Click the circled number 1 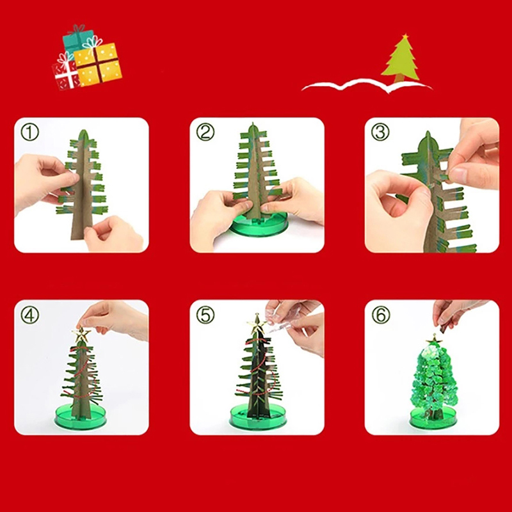(29, 132)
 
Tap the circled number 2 (205, 132)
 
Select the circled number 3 (380, 132)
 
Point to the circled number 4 (29, 315)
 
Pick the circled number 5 (205, 315)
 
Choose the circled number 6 (380, 315)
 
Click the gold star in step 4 (81, 334)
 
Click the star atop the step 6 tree (434, 340)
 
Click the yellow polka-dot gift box (98, 65)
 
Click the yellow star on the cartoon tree (405, 36)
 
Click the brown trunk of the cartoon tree (399, 78)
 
